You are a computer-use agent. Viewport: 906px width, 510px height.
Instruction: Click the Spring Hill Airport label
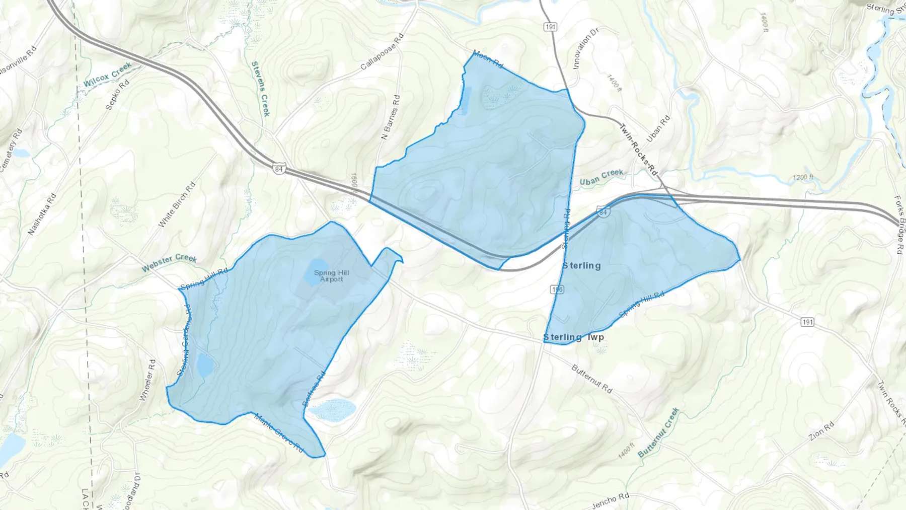pyautogui.click(x=331, y=276)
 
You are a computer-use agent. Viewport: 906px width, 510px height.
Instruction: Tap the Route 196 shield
pyautogui.click(x=557, y=289)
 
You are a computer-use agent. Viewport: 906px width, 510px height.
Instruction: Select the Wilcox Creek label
pyautogui.click(x=107, y=75)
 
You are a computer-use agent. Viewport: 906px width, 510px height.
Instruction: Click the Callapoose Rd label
pyautogui.click(x=383, y=52)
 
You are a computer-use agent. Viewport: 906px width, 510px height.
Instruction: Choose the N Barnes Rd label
pyautogui.click(x=391, y=117)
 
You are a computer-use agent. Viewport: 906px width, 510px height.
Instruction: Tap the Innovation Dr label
pyautogui.click(x=585, y=48)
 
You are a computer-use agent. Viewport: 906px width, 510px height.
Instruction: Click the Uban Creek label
pyautogui.click(x=601, y=177)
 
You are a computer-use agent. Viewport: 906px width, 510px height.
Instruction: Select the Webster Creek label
pyautogui.click(x=169, y=262)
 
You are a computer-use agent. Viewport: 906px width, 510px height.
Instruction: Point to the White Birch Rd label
pyautogui.click(x=177, y=204)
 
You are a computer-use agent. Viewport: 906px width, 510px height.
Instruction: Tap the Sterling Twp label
pyautogui.click(x=573, y=337)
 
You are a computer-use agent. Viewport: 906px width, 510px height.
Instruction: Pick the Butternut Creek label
pyautogui.click(x=658, y=432)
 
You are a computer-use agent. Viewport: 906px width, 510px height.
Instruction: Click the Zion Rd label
pyautogui.click(x=821, y=431)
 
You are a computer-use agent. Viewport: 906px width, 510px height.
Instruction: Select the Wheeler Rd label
pyautogui.click(x=147, y=380)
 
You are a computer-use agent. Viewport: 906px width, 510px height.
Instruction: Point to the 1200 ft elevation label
pyautogui.click(x=803, y=177)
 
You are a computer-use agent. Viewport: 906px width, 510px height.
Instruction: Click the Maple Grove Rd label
pyautogui.click(x=278, y=432)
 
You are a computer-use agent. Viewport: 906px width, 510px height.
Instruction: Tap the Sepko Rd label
pyautogui.click(x=117, y=94)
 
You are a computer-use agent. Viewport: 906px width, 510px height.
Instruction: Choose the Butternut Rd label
pyautogui.click(x=592, y=379)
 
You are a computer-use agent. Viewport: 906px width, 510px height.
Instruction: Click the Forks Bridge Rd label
pyautogui.click(x=899, y=224)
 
